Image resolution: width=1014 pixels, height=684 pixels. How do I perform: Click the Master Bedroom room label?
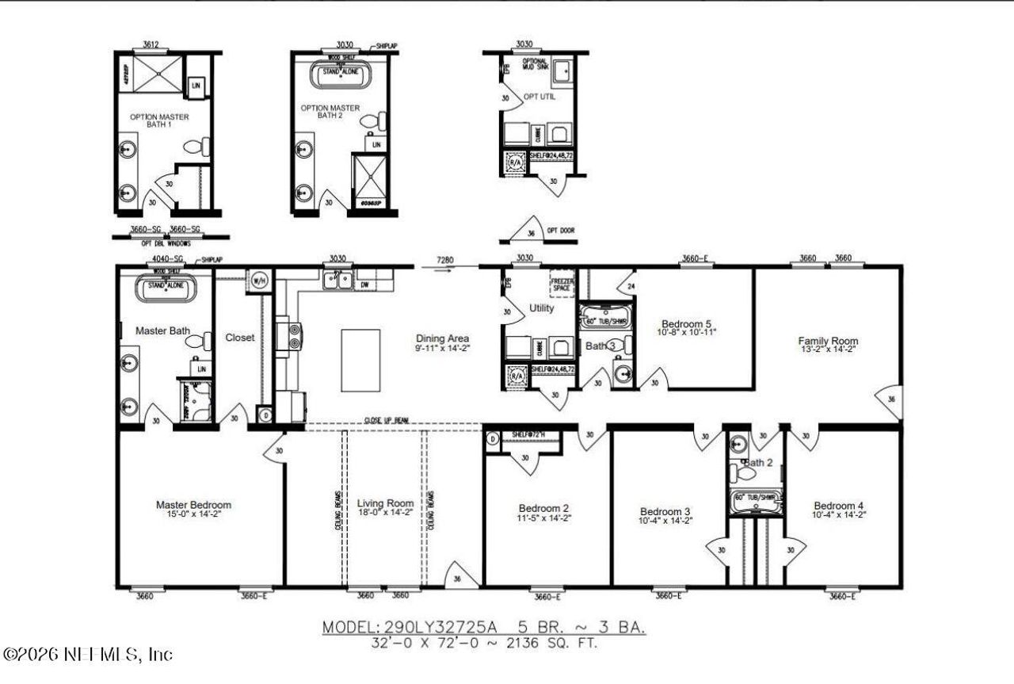[x=193, y=505]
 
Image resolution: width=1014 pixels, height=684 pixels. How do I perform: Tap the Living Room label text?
[x=385, y=503]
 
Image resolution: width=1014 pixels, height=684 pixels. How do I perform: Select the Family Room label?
[x=828, y=342]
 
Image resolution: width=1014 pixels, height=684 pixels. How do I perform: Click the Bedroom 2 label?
[x=544, y=508]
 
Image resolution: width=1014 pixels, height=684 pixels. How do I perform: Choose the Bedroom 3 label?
[x=665, y=510]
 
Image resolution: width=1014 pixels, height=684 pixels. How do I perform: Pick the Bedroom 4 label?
[x=839, y=506]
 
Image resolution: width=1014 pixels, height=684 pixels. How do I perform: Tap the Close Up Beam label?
[x=387, y=421]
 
